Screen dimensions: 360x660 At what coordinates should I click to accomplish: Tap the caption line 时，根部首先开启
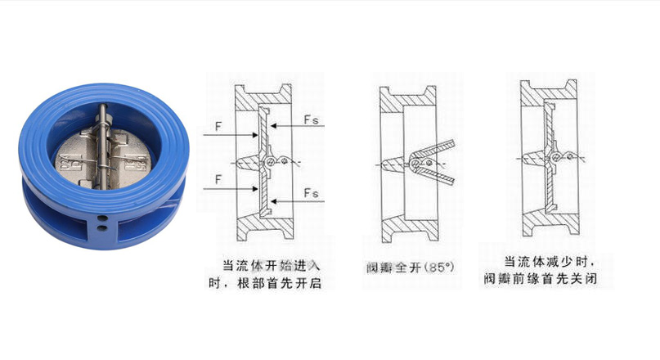(263, 284)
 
